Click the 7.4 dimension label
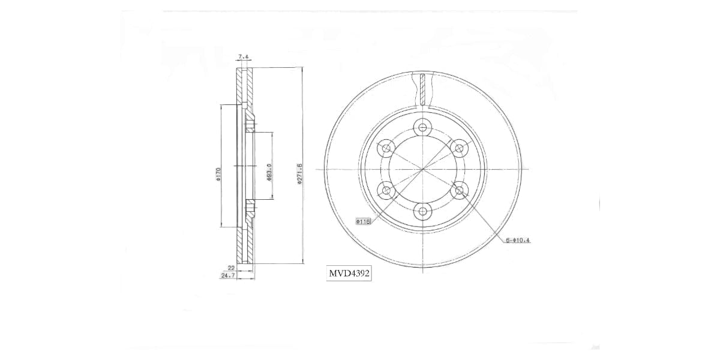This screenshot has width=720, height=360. (x=244, y=57)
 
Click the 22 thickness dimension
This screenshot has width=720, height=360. (x=231, y=268)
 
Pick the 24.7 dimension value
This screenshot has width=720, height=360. (x=228, y=276)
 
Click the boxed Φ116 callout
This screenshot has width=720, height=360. (x=364, y=221)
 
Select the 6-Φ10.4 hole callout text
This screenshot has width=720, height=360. (x=518, y=241)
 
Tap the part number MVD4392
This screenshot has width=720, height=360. (x=349, y=274)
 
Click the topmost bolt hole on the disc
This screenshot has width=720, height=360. (x=424, y=127)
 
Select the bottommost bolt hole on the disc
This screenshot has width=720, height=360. (x=424, y=211)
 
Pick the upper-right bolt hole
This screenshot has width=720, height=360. (x=460, y=148)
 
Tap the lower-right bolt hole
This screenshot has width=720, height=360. (x=460, y=191)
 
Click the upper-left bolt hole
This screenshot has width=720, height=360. (x=387, y=148)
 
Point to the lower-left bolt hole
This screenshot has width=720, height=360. (x=387, y=191)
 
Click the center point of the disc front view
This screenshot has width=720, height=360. (x=424, y=169)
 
